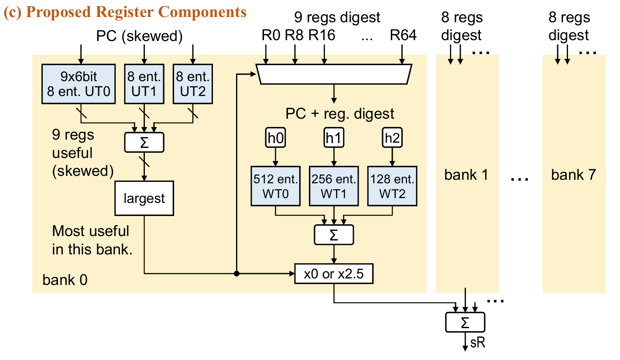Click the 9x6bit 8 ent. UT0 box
[79, 84]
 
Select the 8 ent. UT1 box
[144, 84]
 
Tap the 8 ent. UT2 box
[192, 84]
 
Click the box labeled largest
[144, 199]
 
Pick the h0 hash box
[275, 138]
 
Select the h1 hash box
[333, 138]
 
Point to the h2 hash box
[392, 138]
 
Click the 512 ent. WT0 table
[275, 186]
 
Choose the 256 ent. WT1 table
[334, 186]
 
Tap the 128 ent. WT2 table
[392, 186]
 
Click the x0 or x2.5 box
[334, 274]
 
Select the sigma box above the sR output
[465, 323]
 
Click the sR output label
[478, 343]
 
